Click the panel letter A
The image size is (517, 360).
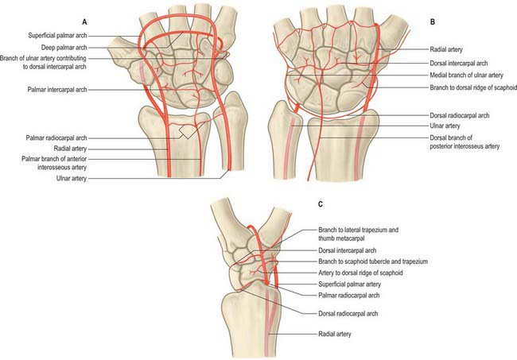[85, 22]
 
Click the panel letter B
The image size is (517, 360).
[433, 22]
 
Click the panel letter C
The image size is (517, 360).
[321, 204]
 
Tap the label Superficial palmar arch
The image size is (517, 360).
[58, 36]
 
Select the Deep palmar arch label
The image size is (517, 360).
[64, 48]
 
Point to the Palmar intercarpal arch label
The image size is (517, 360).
[57, 90]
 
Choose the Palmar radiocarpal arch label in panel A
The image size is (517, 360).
[56, 138]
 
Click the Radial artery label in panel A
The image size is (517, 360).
[70, 149]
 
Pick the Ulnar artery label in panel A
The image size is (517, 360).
[72, 179]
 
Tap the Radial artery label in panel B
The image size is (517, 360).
[446, 49]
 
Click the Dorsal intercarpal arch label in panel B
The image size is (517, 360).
[459, 64]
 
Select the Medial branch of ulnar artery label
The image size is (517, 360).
[467, 75]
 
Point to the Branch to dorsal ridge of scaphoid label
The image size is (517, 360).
[473, 87]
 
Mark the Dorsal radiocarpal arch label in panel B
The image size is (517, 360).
[460, 115]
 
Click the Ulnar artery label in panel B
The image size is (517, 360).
[445, 126]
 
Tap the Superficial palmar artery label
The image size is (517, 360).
[349, 285]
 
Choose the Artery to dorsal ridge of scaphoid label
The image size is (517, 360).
[360, 273]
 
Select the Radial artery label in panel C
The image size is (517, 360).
[335, 334]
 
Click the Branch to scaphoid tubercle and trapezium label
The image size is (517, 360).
[373, 261]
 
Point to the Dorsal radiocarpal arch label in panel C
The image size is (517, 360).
[348, 314]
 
